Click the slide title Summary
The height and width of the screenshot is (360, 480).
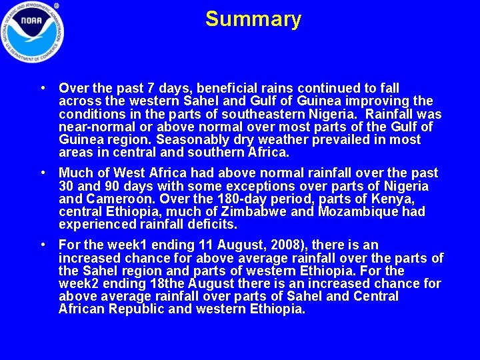coord(253,19)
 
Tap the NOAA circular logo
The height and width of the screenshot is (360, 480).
coord(33,31)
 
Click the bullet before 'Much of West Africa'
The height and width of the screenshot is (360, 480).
coord(43,173)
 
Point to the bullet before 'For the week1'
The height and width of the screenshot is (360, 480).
coord(43,245)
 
